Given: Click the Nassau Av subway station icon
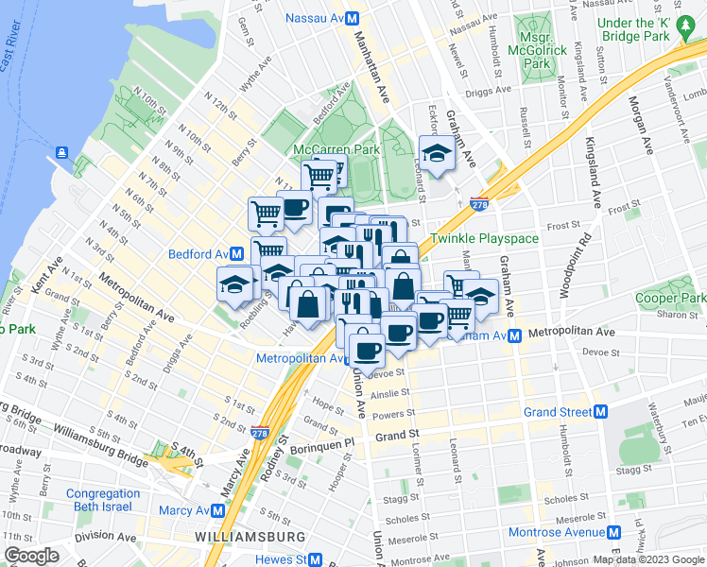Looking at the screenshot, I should pos(351,18).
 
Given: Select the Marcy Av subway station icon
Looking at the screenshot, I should pos(218,511).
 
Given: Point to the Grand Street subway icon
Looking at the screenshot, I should pos(600,412).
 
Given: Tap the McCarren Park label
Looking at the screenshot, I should pos(336,150).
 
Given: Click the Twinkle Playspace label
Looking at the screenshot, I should pos(484,238).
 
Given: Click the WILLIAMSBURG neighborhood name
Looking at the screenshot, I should pos(250,537).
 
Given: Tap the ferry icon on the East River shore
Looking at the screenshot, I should pos(61,151).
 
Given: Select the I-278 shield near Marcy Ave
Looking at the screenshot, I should pos(262,432).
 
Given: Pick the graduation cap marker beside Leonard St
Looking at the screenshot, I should pos(436,153).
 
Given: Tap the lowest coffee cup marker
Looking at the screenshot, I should pos(366,349).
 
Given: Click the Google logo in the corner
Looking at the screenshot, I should pos(32,557).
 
